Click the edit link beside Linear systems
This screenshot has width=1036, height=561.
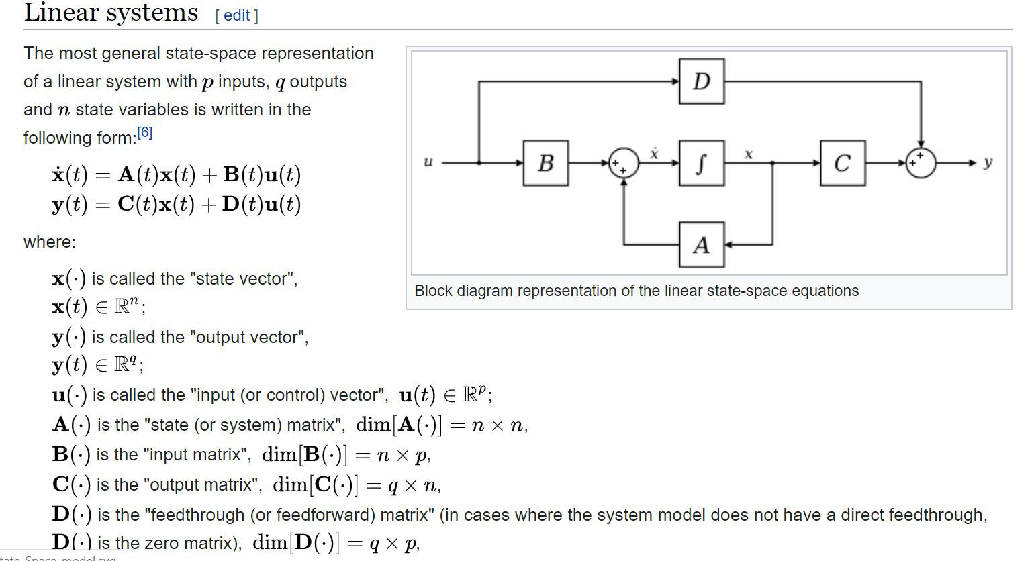point(236,15)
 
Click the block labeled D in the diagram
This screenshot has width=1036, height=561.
point(701,81)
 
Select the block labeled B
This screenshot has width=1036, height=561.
point(546,162)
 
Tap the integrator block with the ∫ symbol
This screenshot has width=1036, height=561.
point(701,162)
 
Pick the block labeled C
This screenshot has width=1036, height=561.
point(842,162)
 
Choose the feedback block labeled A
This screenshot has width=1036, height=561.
point(701,245)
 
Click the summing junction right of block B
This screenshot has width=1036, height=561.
point(624,163)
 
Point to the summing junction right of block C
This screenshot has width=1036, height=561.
point(921,162)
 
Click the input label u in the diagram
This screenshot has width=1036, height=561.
point(428,162)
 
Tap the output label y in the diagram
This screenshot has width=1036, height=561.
point(988,162)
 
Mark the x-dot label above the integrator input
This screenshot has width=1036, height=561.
point(654,154)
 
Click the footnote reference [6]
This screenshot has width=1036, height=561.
point(144,133)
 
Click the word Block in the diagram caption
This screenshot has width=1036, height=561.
point(436,291)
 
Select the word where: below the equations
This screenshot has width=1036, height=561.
point(50,242)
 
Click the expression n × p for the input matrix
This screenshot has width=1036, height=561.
point(402,455)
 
